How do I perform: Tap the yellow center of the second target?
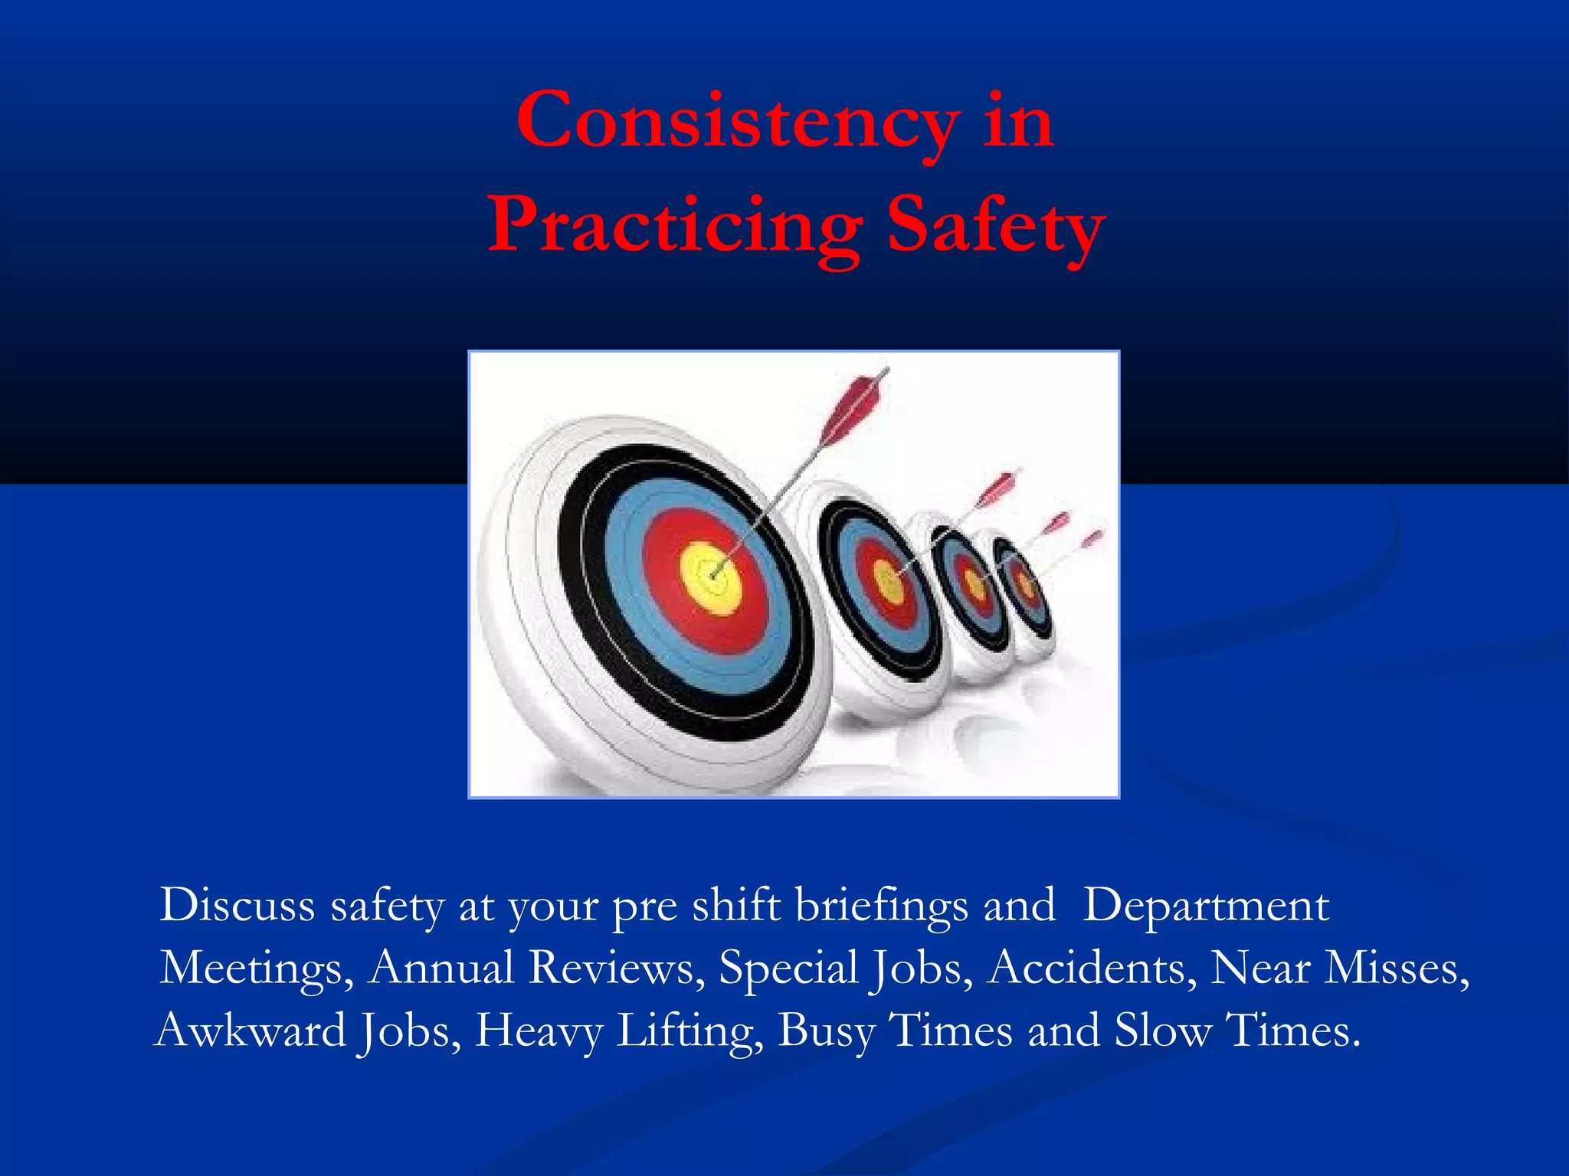pos(889,582)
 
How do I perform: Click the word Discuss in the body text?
pos(237,906)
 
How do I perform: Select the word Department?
pos(1206,906)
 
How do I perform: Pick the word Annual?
pos(441,968)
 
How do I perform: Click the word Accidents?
pos(1092,968)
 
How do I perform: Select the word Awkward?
pos(251,1031)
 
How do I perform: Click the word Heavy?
pos(539,1031)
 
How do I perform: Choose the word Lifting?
pos(690,1031)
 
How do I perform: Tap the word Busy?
pos(826,1031)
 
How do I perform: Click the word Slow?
pos(1162,1031)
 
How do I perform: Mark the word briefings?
pos(881,906)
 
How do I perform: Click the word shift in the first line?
pos(736,906)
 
